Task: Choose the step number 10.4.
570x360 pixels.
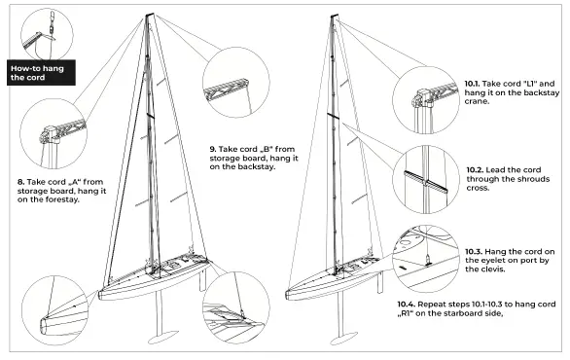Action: (409, 304)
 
